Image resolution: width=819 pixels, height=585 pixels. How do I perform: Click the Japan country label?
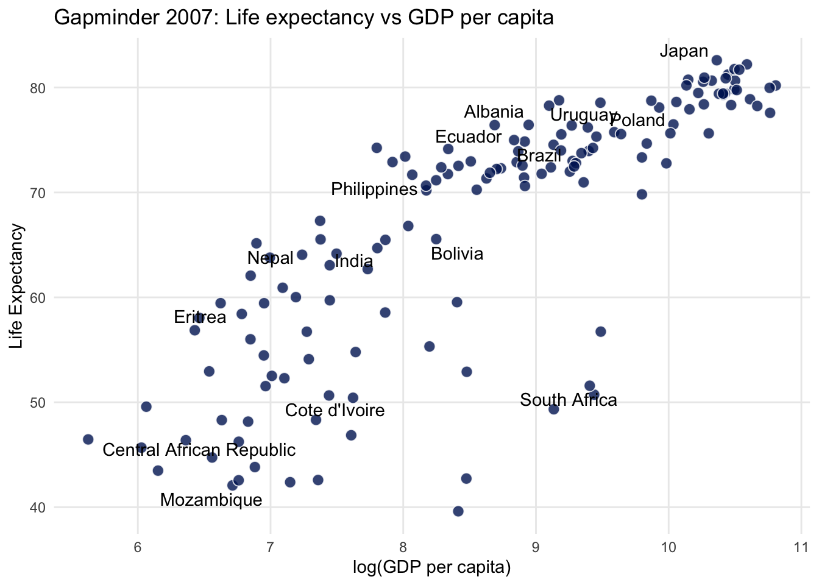[684, 51]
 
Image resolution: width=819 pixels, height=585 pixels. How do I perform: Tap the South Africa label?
[568, 400]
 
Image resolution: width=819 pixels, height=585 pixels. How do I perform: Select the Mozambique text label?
[211, 500]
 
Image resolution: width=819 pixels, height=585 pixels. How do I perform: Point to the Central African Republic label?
[199, 450]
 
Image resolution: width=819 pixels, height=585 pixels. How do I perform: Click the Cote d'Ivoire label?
[335, 411]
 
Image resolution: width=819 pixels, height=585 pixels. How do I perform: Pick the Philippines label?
[374, 190]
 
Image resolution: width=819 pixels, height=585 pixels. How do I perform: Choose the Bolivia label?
[457, 254]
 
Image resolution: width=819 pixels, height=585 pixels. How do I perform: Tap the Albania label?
[494, 112]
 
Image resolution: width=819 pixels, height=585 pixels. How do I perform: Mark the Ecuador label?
[468, 137]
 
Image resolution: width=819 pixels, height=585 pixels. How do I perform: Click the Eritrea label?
[200, 317]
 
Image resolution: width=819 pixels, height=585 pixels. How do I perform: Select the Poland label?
[637, 121]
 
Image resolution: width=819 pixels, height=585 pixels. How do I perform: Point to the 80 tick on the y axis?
[38, 88]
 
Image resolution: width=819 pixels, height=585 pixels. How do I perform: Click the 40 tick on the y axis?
[38, 508]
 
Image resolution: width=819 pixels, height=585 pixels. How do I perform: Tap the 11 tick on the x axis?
[801, 545]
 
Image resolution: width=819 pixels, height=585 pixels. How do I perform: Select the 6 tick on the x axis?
[138, 545]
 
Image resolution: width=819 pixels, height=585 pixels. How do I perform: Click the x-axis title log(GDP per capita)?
[431, 568]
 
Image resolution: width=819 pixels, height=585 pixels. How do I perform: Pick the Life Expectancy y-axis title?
[16, 286]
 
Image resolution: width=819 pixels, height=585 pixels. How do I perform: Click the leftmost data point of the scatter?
[88, 439]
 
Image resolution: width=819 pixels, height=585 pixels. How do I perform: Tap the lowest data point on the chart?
[458, 511]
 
